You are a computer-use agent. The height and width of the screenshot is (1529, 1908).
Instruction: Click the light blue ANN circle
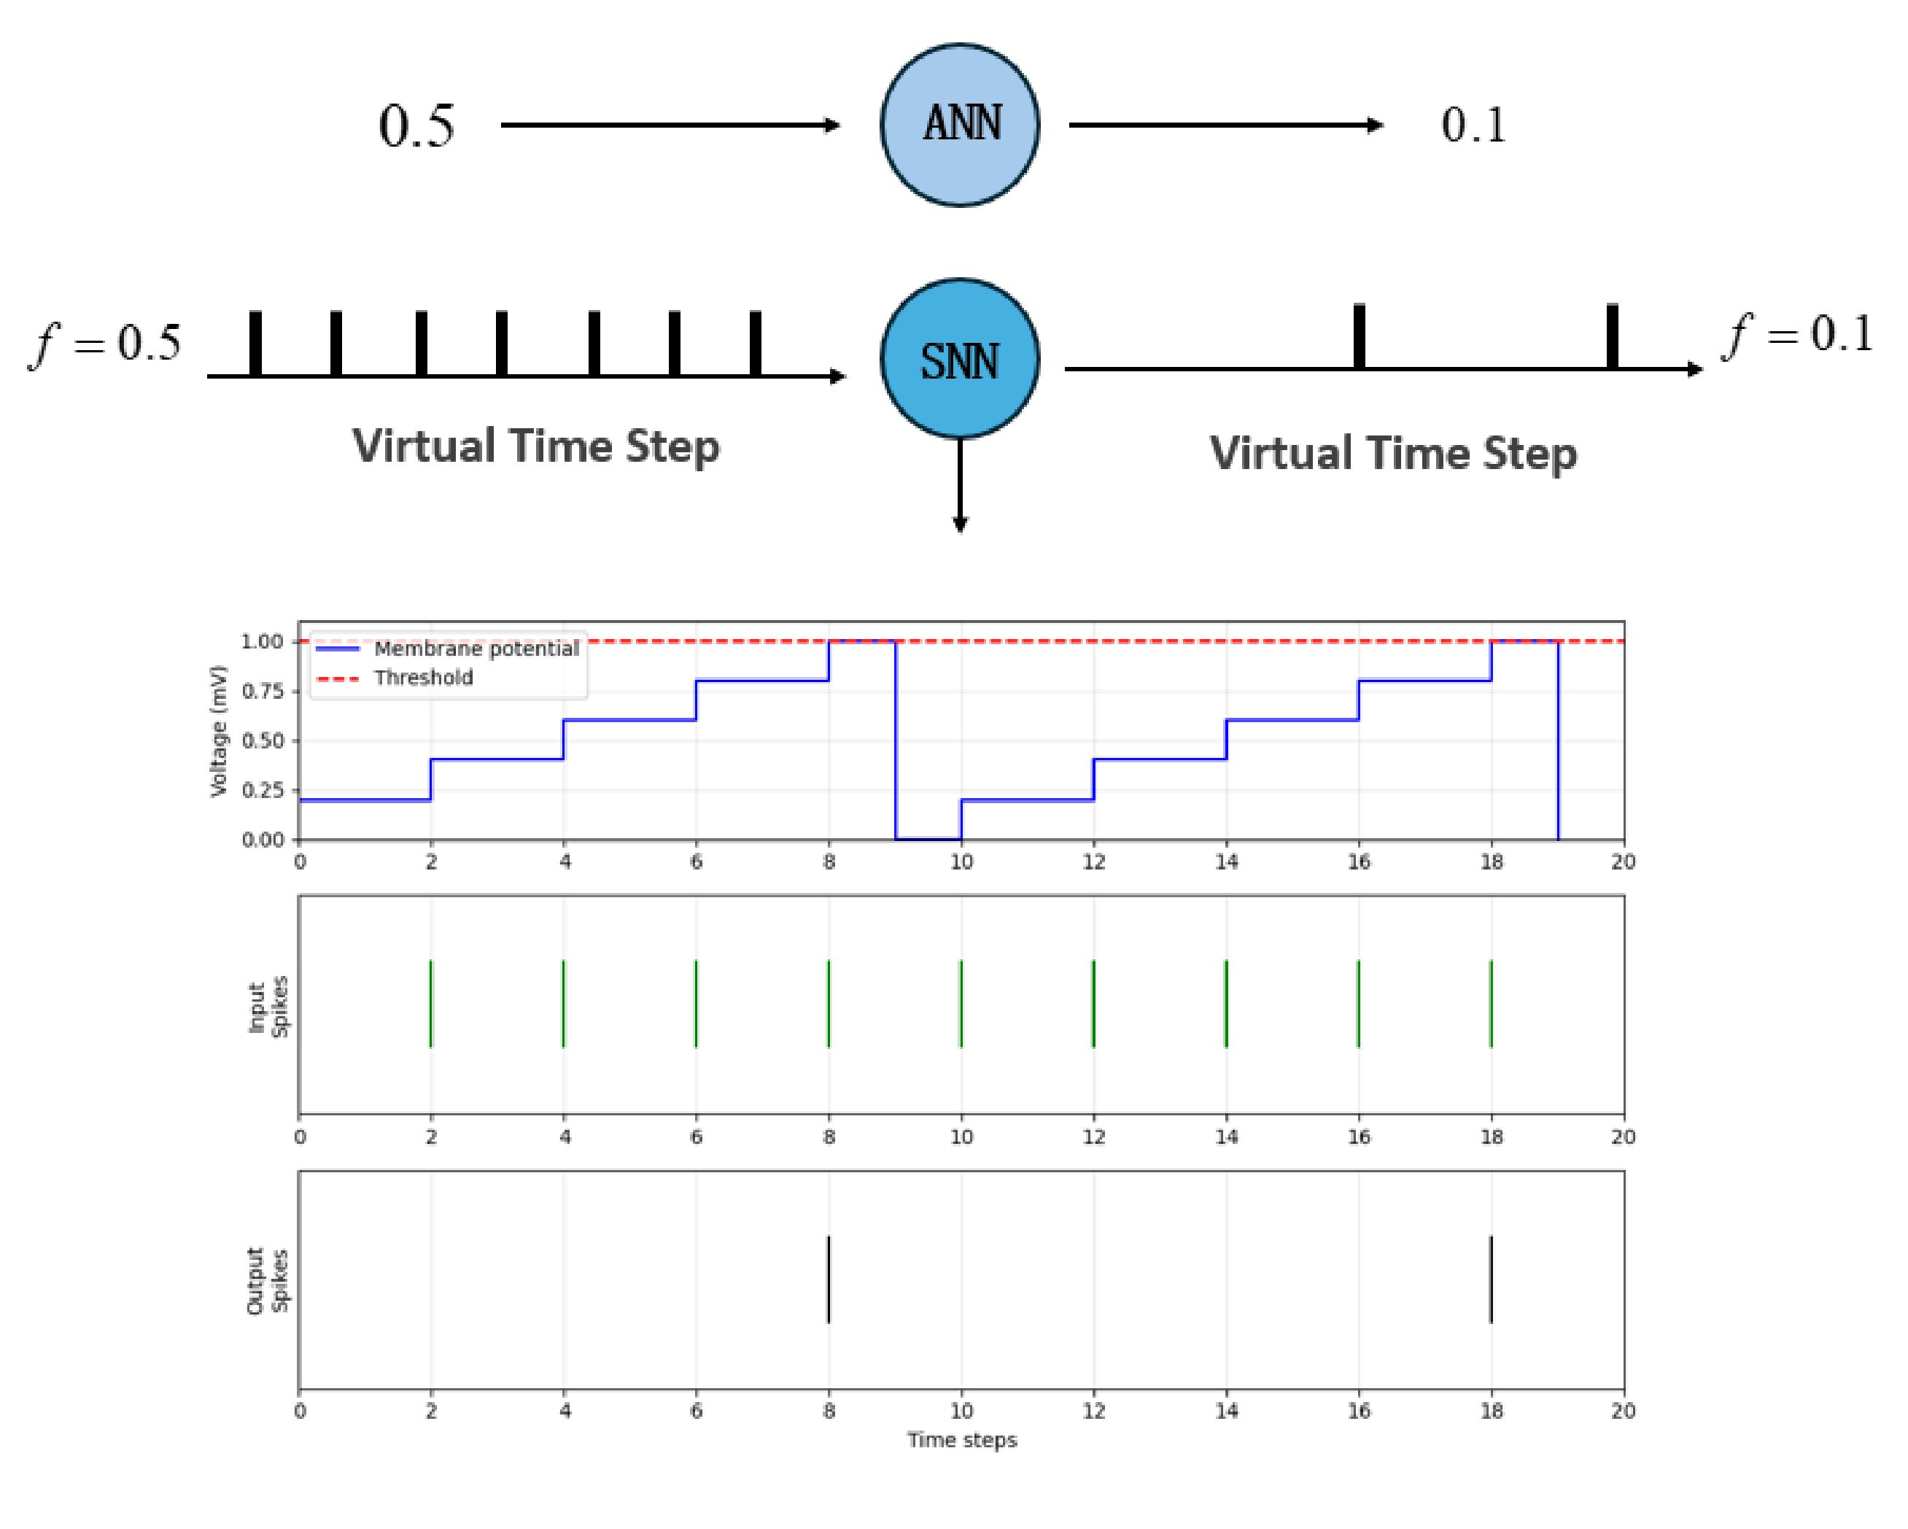point(960,125)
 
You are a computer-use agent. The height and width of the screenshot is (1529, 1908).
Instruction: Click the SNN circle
point(960,359)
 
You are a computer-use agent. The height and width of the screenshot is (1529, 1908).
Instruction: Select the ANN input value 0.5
point(416,125)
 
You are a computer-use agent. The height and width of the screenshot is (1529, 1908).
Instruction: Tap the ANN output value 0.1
point(1473,125)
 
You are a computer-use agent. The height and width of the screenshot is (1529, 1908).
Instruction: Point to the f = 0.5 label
point(106,343)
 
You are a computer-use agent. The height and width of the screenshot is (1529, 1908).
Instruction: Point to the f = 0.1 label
point(1799,335)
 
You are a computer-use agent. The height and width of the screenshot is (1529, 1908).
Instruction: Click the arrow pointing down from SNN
point(960,486)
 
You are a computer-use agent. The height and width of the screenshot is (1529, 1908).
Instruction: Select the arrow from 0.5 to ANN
point(671,125)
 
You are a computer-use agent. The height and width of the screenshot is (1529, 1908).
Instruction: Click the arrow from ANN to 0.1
point(1227,125)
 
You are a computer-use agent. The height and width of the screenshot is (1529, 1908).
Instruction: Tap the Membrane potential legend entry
point(448,649)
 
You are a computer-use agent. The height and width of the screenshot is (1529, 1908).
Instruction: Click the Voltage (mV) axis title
point(219,731)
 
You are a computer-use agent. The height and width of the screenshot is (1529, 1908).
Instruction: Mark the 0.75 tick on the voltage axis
point(262,691)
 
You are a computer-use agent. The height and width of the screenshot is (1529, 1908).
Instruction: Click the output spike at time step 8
point(829,1280)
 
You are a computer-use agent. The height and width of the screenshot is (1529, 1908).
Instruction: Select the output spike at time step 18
point(1492,1280)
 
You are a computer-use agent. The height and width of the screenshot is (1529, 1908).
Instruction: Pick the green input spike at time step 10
point(961,1004)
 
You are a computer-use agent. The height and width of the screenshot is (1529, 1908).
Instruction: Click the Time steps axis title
point(962,1441)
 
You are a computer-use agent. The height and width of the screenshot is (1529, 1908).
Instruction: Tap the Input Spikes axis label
point(267,1006)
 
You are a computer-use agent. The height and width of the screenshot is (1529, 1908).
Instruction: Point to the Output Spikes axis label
point(267,1281)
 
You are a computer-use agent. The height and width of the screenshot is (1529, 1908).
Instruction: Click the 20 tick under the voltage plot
point(1623,862)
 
